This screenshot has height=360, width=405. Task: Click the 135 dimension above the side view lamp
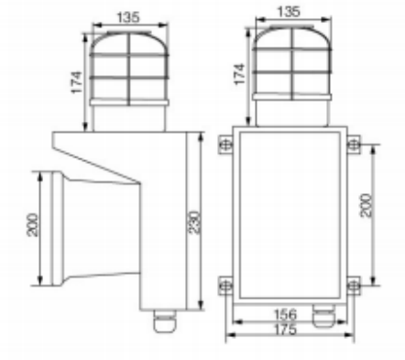point(128,17)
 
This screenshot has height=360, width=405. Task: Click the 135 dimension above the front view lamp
point(289,12)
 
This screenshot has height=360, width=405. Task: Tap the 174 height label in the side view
point(77,82)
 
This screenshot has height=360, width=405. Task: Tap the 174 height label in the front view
point(239,74)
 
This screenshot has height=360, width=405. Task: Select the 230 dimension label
point(194,223)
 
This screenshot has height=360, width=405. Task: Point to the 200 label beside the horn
point(33,225)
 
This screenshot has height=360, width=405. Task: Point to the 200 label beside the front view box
point(367,205)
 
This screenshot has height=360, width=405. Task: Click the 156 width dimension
point(286,314)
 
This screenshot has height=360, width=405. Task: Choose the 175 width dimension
point(286,330)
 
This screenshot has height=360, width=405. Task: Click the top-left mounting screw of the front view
point(225,144)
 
